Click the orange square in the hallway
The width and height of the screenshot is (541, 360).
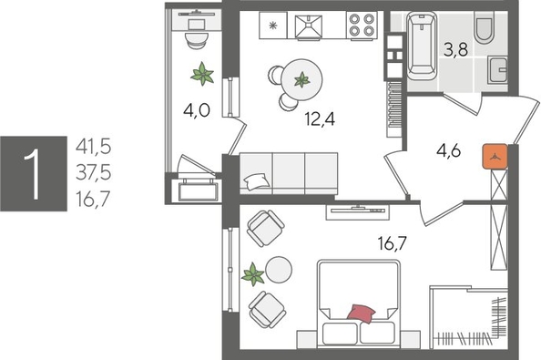coord(495,156)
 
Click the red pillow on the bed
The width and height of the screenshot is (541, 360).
coord(362,313)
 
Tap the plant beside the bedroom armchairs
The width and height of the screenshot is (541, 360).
coord(253,273)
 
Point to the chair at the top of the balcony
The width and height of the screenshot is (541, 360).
coord(195,35)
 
